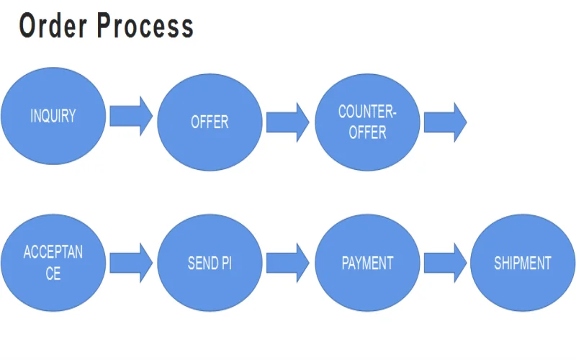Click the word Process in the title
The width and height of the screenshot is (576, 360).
145,26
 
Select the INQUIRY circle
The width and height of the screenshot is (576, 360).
53,116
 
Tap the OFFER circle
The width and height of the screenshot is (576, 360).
210,122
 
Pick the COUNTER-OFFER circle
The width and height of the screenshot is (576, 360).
367,122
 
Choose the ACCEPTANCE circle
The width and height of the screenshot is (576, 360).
53,263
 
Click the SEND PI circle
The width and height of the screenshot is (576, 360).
210,263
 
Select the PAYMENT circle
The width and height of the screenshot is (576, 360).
367,263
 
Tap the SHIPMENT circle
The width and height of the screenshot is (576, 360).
522,263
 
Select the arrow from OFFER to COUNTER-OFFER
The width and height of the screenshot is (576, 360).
287,122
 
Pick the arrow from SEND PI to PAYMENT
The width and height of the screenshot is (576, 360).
287,263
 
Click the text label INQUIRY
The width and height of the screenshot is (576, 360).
53,116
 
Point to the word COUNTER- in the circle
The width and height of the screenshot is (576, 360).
367,112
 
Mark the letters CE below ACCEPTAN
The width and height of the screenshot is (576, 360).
53,274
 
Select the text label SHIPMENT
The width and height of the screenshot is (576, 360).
522,263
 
